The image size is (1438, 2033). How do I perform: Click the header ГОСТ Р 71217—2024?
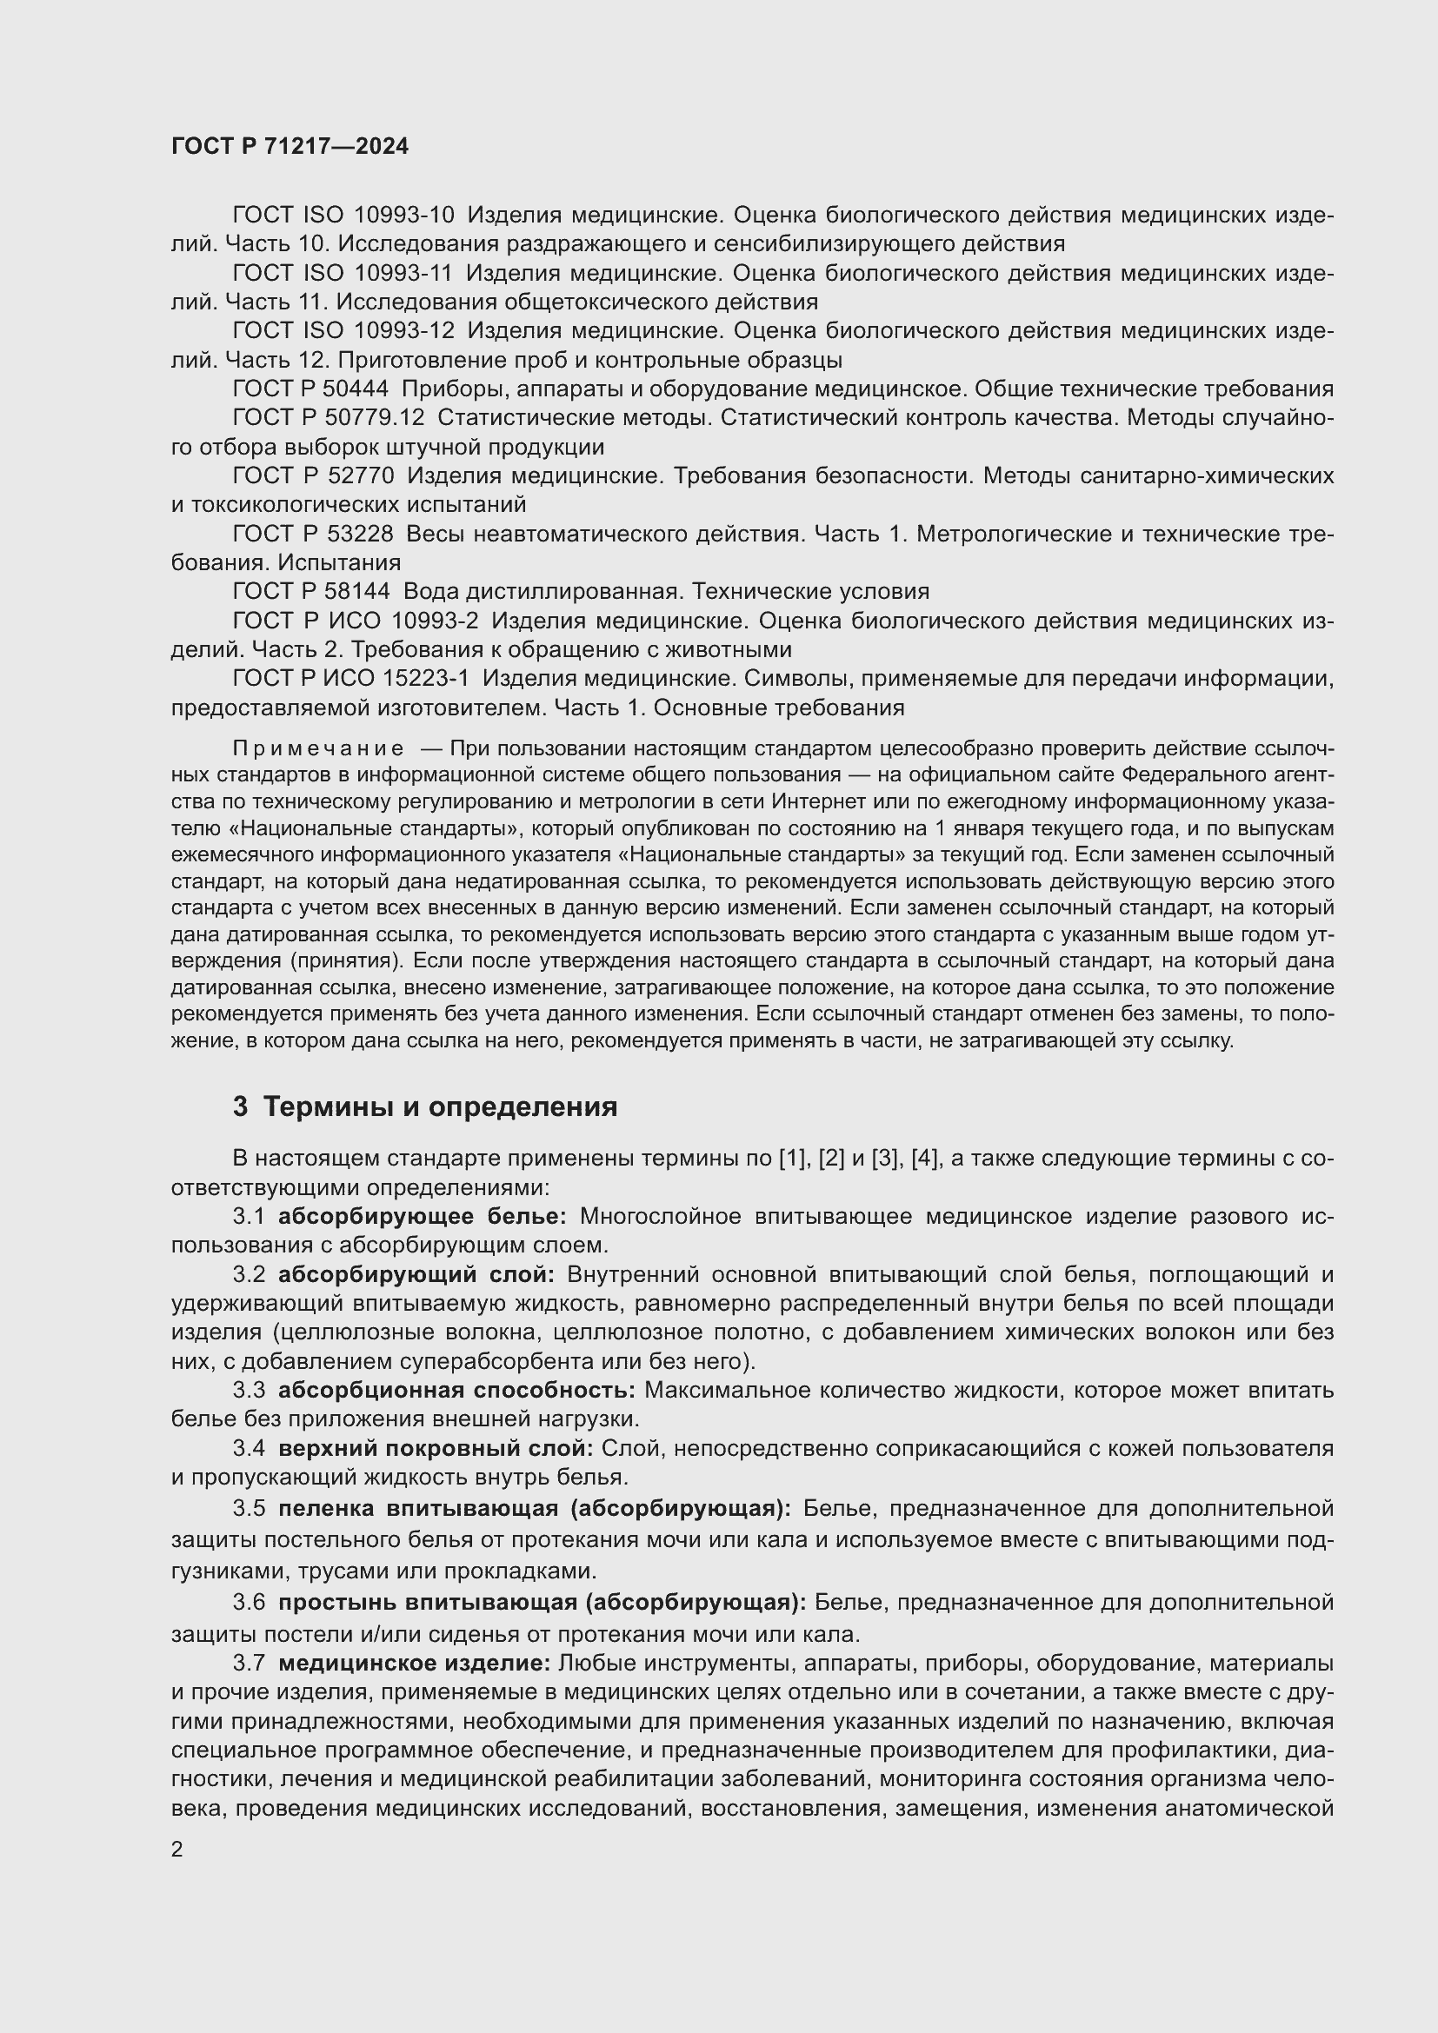click(290, 147)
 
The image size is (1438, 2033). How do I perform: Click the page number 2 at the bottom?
click(177, 1850)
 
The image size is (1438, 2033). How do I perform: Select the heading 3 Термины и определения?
click(425, 1106)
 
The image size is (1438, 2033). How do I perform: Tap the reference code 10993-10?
click(403, 216)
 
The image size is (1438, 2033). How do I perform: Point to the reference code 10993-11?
click(403, 274)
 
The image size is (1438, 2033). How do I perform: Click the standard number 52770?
click(356, 476)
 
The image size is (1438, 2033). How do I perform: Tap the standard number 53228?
click(356, 534)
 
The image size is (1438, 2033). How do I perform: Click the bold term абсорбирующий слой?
click(416, 1275)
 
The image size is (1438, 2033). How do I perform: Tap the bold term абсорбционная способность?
click(456, 1390)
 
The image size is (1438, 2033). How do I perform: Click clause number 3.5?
click(249, 1508)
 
